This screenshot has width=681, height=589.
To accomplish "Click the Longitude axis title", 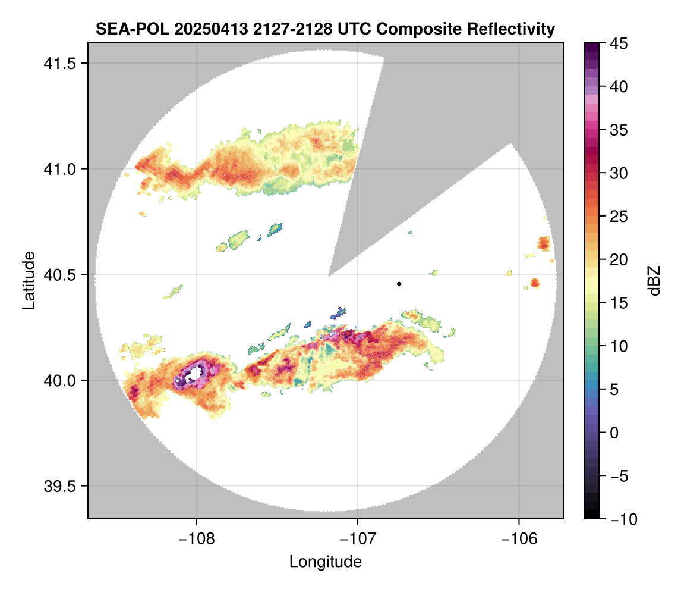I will click(325, 562).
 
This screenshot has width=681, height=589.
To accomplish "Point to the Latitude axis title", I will click(28, 280).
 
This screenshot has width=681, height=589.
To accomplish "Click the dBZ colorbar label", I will click(654, 280).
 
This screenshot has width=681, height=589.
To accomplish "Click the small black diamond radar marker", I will click(399, 284).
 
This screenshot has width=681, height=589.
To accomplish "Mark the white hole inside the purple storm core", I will click(194, 375).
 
